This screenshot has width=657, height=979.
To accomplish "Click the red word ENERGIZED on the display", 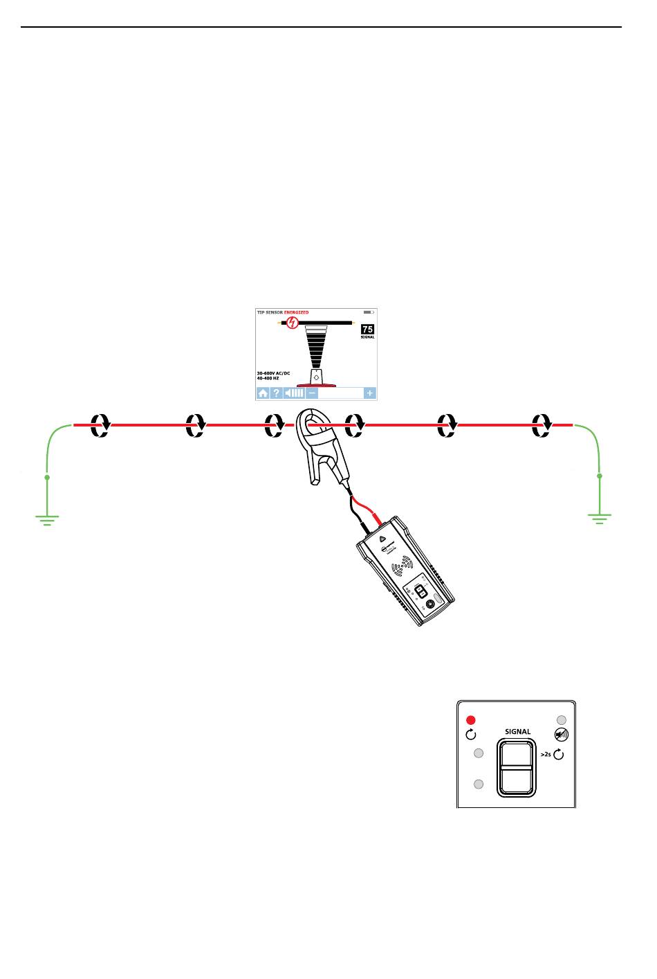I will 297,312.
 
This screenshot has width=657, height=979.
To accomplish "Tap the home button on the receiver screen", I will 263,393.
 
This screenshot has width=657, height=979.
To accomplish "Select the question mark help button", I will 275,393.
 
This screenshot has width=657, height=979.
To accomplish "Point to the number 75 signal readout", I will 367,329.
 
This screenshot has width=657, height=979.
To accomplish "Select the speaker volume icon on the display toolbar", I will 294,393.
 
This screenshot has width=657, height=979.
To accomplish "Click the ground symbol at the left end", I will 46,519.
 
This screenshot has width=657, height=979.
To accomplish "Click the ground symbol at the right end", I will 600,519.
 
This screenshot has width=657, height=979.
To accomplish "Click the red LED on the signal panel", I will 472,719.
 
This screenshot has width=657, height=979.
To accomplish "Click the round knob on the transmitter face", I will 431,604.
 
